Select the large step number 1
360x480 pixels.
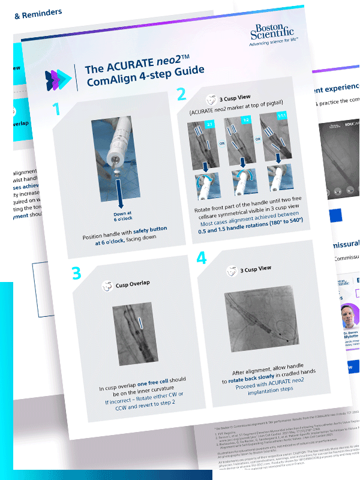(x=57, y=109)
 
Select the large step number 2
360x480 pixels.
(x=181, y=95)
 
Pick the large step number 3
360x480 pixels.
(x=76, y=273)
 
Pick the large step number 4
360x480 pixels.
(x=202, y=258)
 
